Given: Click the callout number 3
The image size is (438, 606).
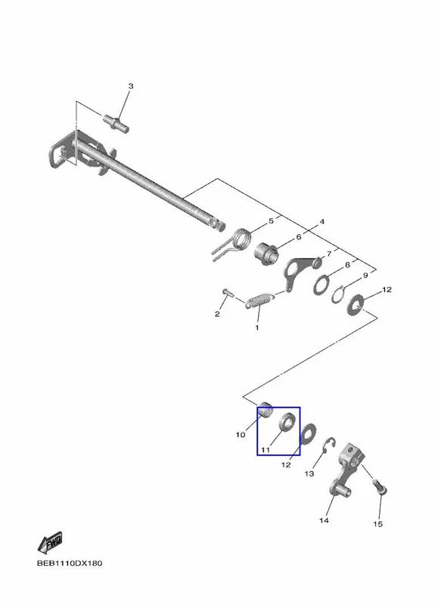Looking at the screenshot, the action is [130, 86].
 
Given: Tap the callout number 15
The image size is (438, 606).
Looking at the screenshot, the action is [377, 523].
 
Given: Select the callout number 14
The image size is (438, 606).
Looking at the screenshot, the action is [324, 520].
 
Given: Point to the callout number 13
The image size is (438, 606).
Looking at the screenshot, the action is [309, 473].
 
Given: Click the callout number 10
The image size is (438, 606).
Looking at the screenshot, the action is [241, 435].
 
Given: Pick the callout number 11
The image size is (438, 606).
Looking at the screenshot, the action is [265, 450].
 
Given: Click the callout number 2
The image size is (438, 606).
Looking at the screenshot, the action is [217, 314].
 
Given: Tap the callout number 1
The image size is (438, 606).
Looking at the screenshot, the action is [257, 328].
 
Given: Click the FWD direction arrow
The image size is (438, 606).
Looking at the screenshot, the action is [50, 542].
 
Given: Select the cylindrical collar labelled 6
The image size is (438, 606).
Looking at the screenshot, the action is [266, 253].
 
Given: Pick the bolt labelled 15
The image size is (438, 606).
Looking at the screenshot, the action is [380, 487].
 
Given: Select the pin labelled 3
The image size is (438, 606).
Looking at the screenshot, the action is [116, 123].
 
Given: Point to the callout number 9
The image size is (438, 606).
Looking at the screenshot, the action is [365, 275].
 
